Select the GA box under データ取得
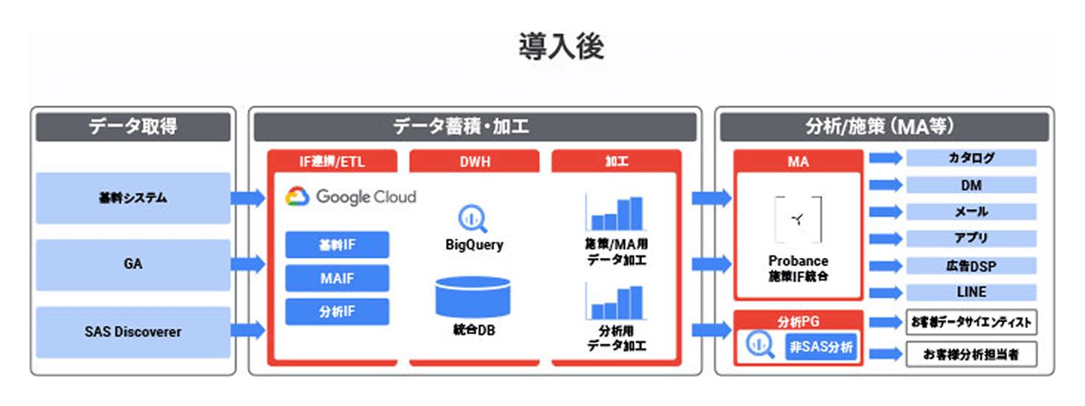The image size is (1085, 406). click(133, 264)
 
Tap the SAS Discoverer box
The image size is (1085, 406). click(133, 332)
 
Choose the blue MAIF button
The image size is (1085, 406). click(337, 278)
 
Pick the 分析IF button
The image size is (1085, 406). click(337, 312)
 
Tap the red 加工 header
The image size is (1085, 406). click(615, 160)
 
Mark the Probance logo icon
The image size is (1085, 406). click(798, 219)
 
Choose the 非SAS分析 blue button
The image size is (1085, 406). click(821, 346)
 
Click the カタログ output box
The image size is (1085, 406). click(971, 158)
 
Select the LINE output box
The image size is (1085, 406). click(971, 292)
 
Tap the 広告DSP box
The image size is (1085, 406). click(971, 265)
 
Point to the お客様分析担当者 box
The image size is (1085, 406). click(971, 354)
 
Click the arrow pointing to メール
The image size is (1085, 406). click(885, 211)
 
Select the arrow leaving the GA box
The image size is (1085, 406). click(248, 263)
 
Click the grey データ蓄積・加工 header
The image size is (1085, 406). click(475, 127)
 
